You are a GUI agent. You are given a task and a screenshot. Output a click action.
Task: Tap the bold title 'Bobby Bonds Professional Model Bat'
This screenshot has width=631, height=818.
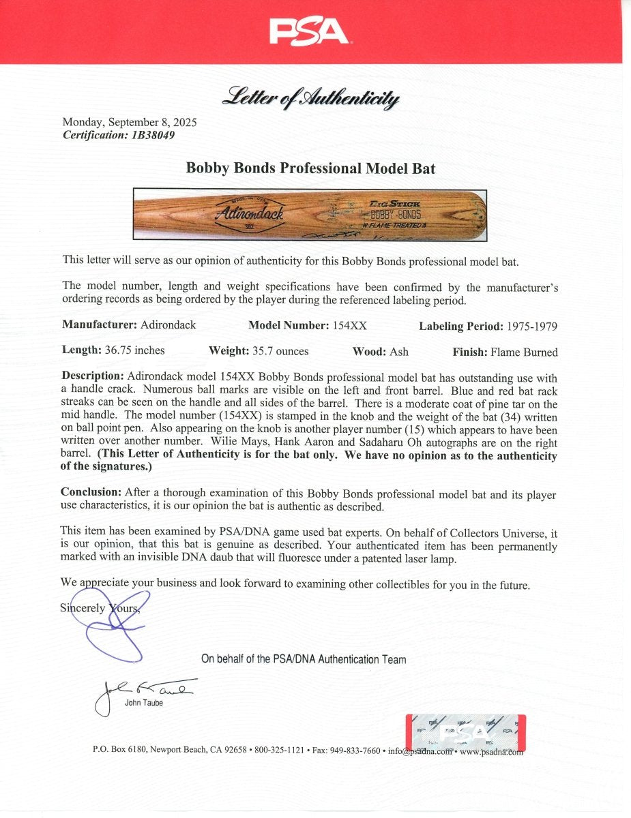pyautogui.click(x=311, y=168)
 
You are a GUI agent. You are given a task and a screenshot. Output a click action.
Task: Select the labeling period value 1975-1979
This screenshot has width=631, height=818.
pyautogui.click(x=532, y=326)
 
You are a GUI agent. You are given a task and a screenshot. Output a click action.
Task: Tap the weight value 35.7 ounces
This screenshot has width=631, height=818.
pyautogui.click(x=278, y=351)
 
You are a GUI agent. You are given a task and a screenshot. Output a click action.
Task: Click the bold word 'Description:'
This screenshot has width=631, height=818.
pyautogui.click(x=93, y=377)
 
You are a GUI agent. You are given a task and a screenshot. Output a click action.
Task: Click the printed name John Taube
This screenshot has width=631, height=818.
pyautogui.click(x=144, y=703)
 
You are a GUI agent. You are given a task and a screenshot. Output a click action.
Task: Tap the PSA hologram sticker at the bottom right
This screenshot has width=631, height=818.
pyautogui.click(x=465, y=732)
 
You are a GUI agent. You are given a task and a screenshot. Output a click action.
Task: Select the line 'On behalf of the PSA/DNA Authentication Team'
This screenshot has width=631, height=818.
pyautogui.click(x=304, y=659)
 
